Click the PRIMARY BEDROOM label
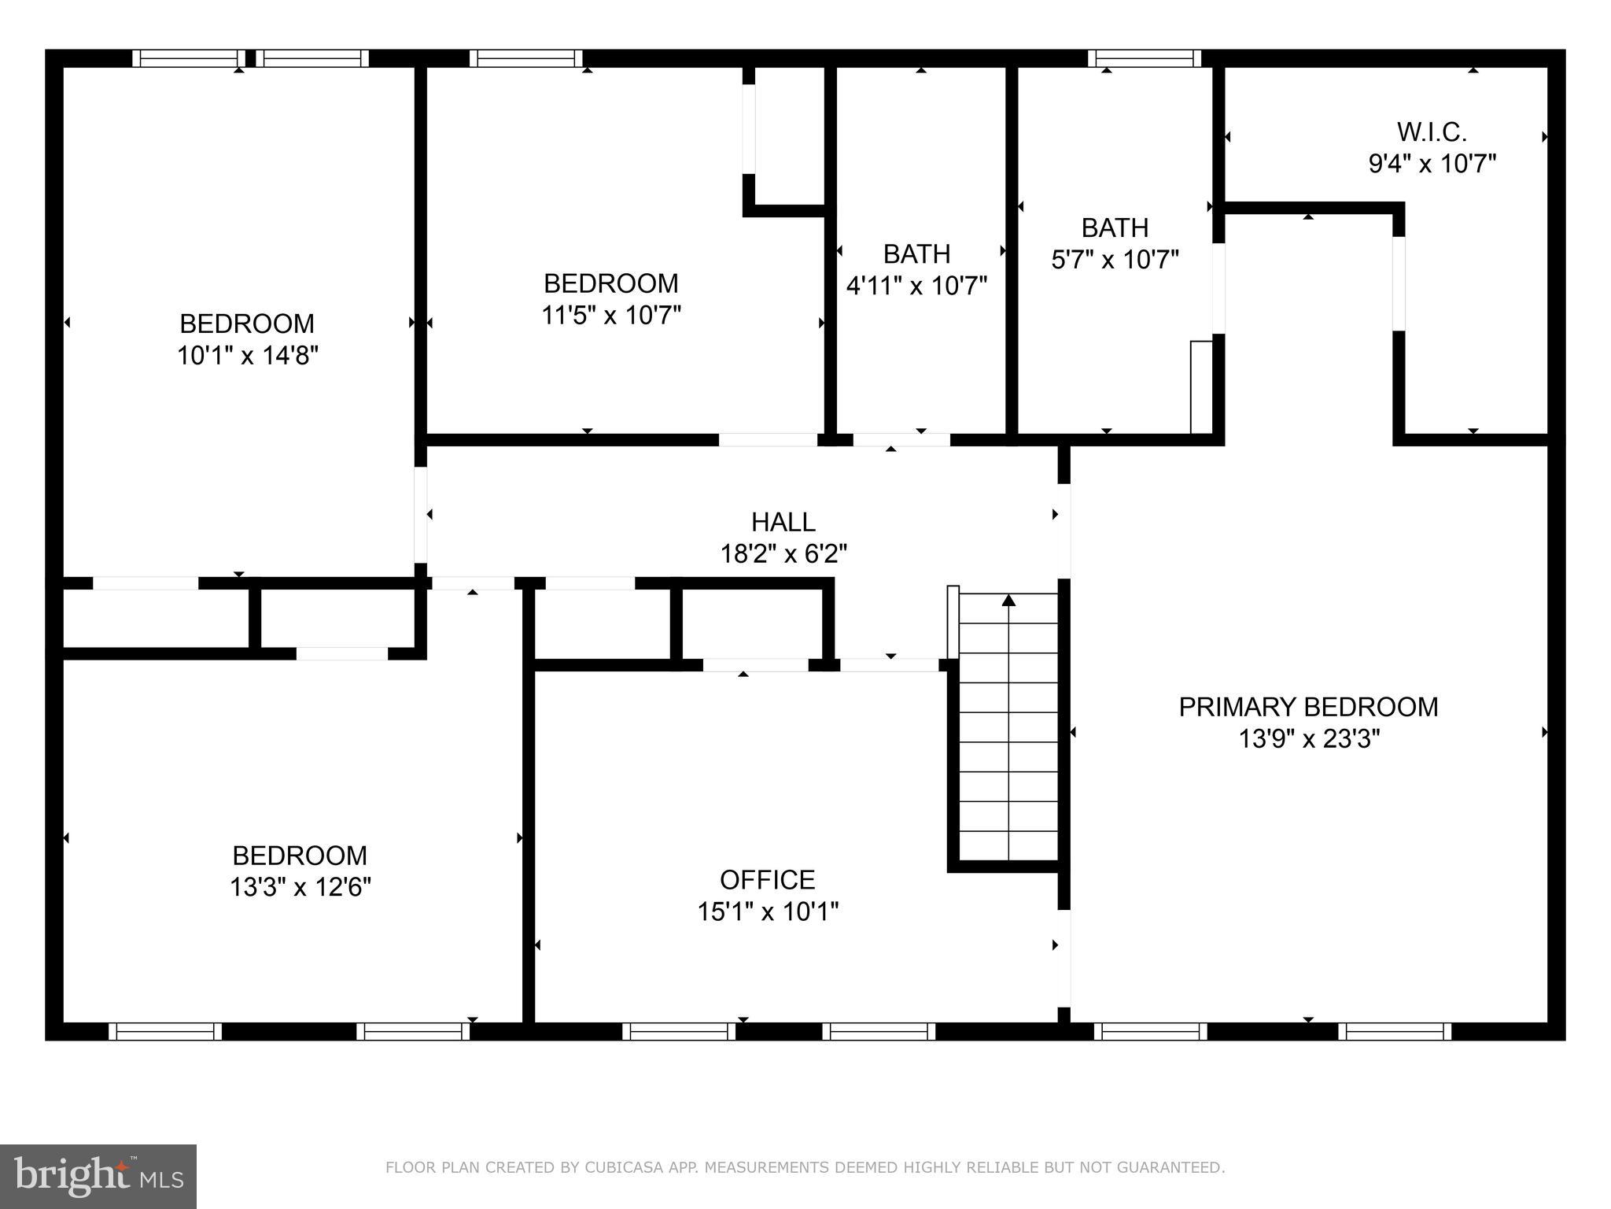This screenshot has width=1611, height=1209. coord(1308,707)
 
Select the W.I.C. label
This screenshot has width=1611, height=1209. coord(1432,131)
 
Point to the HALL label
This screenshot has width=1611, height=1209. coord(783,522)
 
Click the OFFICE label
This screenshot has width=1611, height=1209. coord(767,879)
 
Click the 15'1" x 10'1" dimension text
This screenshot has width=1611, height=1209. coord(768,911)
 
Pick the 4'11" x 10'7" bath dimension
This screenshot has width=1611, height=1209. coord(916,285)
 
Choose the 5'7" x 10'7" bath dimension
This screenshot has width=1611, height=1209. coord(1115,259)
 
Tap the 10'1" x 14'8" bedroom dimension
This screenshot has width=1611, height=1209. coord(247,356)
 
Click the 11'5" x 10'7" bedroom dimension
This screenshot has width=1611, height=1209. coord(610,315)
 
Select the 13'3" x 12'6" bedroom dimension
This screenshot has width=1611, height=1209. coord(300,887)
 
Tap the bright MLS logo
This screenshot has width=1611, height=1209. coord(98,1176)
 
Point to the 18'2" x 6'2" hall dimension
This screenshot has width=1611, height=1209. coord(783,554)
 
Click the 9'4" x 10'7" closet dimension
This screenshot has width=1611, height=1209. coord(1432,164)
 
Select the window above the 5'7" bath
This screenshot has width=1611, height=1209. coord(1145,58)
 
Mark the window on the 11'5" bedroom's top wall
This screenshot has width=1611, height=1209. coord(526,58)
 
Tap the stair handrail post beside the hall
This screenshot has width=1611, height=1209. coord(953,622)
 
